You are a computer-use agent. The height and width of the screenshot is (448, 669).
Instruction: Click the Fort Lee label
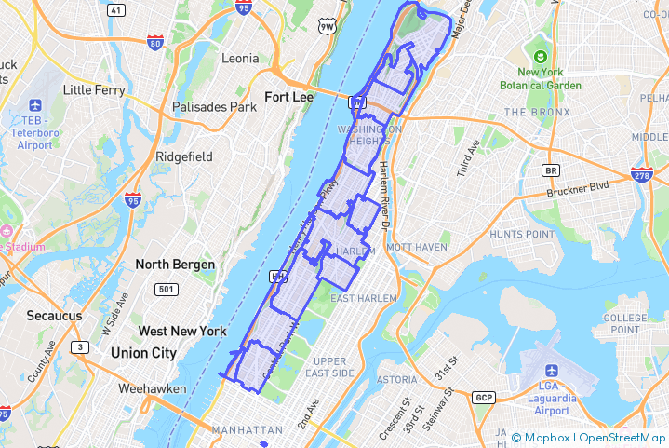[290, 96]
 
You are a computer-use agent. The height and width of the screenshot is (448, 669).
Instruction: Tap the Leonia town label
[240, 58]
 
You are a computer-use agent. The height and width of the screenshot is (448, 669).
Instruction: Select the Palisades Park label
[214, 107]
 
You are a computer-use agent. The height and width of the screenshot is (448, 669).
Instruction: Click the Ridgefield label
[184, 156]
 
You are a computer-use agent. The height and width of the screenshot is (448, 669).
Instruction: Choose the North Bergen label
[175, 265]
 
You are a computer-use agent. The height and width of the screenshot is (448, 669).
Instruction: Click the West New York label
[182, 331]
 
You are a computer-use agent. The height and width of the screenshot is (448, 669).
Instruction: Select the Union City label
[143, 353]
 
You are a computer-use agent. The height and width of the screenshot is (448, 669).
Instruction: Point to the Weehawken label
[153, 387]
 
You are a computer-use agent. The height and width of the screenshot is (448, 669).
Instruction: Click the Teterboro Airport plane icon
[35, 105]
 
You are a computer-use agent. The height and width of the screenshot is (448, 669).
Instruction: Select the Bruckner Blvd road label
[578, 186]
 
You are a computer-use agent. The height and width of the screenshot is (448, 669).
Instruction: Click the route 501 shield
[166, 289]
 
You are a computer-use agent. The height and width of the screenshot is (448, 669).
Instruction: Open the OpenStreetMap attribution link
[622, 437]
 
